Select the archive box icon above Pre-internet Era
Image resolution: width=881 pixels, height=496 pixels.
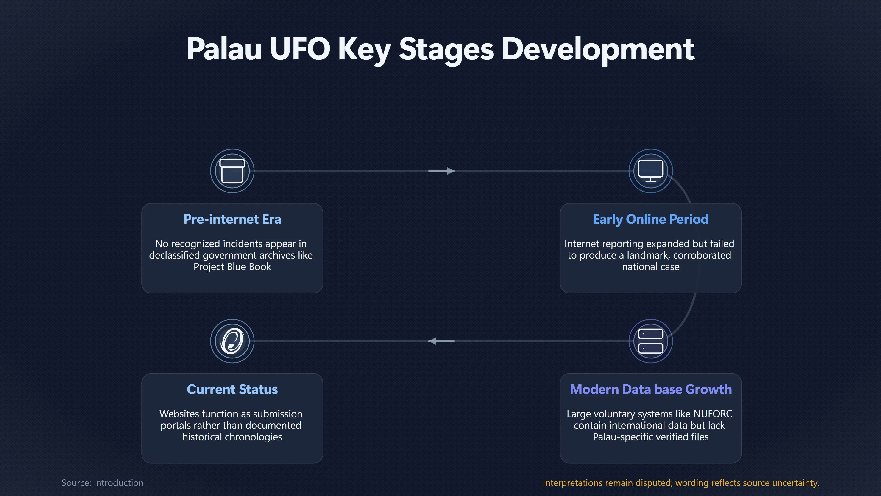[232, 171]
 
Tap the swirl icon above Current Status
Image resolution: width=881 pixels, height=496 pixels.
[232, 341]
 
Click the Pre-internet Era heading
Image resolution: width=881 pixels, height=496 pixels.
[232, 219]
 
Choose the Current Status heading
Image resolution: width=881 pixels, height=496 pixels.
[232, 389]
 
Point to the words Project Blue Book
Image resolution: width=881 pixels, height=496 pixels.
[232, 267]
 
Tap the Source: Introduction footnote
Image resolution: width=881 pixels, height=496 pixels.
[102, 483]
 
